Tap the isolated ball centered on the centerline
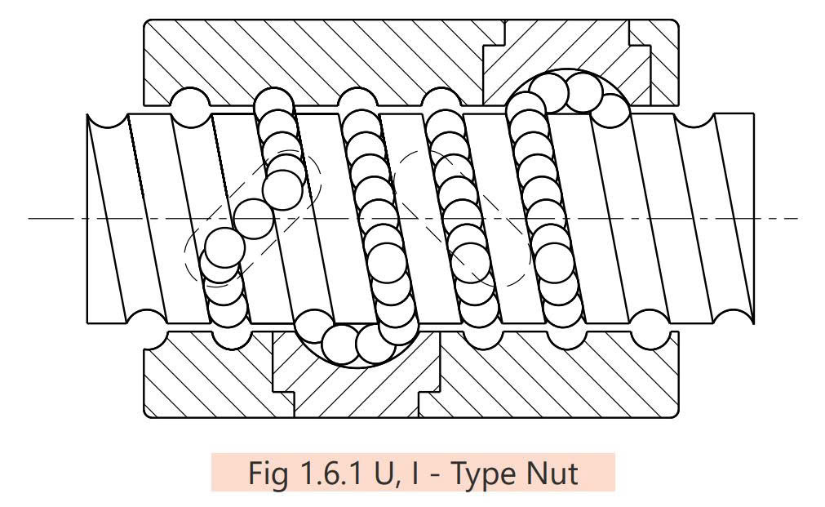[x=254, y=219]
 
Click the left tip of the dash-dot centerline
[x=29, y=219]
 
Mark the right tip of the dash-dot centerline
[x=796, y=219]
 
